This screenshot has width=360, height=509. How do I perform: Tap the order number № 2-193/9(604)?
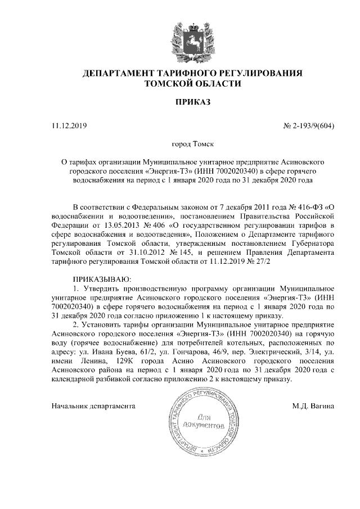[x=309, y=125]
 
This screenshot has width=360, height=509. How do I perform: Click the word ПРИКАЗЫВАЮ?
[x=102, y=280]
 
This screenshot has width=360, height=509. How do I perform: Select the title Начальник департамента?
[x=93, y=405]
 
